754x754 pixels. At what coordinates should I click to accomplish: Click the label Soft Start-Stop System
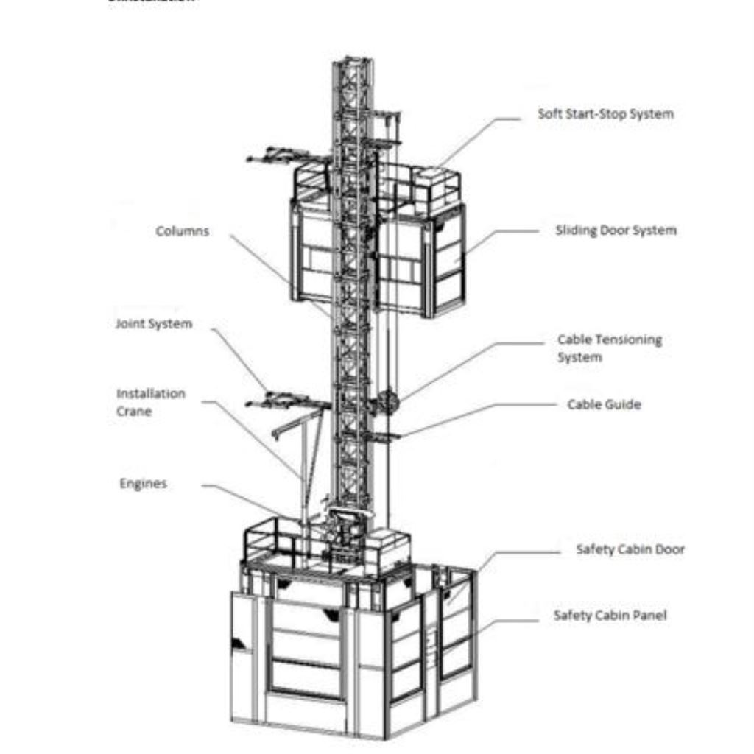click(x=605, y=114)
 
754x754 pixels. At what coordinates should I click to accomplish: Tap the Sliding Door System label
click(x=616, y=230)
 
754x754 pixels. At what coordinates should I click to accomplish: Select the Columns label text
click(x=183, y=231)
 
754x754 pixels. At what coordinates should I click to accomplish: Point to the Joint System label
click(x=154, y=324)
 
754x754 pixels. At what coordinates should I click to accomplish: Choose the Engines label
click(x=144, y=484)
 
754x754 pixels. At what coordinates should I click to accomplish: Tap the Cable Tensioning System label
click(x=610, y=348)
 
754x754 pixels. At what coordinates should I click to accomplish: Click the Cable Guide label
click(x=604, y=404)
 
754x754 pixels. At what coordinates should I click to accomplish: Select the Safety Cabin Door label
click(x=630, y=549)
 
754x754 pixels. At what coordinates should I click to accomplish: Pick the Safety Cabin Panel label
click(x=610, y=615)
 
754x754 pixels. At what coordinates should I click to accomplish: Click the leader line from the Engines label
click(x=250, y=498)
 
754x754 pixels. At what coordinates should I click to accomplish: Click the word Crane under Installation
click(x=134, y=411)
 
